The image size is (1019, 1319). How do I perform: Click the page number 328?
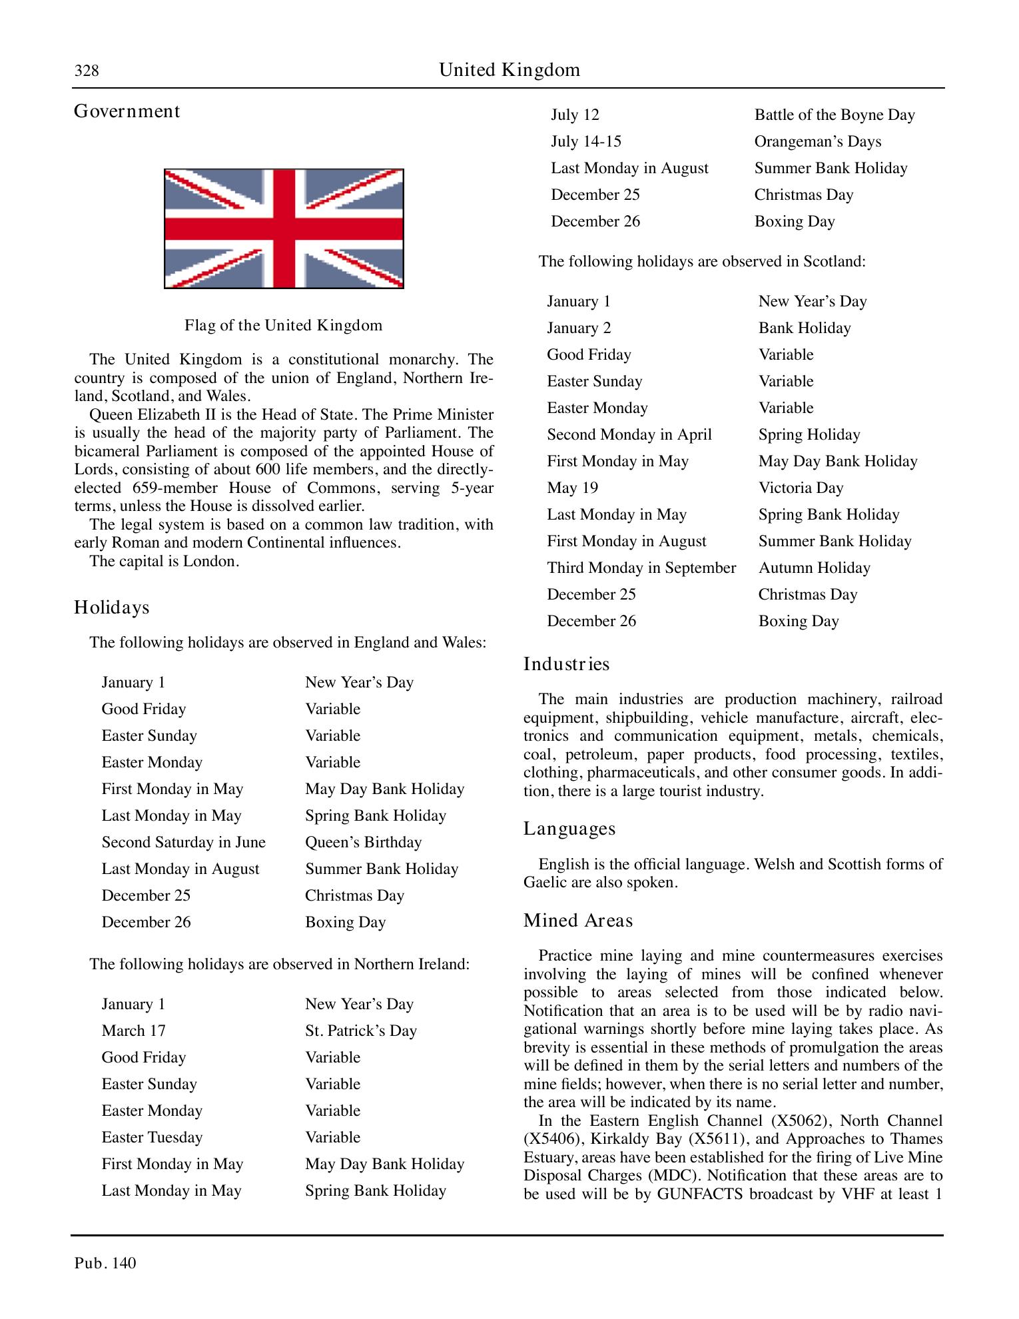coord(87,71)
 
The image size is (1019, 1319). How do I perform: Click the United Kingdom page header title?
coord(509,70)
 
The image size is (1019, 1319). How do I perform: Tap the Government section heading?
coord(127,111)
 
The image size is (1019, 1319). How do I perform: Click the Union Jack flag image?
coord(284,228)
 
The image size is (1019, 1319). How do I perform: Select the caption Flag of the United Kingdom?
coord(283,326)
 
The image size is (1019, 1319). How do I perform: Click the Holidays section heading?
coord(111,608)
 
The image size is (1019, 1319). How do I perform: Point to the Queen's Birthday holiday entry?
coord(363,842)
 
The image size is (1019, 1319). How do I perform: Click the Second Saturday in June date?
coord(183,842)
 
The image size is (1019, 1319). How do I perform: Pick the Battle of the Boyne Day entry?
coord(834,115)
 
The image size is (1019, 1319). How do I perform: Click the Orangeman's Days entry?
coord(817,141)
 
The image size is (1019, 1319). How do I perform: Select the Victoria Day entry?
coord(801,488)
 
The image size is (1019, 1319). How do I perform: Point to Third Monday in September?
coord(641,568)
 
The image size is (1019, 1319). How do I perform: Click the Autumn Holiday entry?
coord(814,568)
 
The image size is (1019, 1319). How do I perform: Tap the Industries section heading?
coord(566,664)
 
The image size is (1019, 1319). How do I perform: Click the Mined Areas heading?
coord(577,921)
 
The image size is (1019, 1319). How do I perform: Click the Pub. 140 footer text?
coord(105,1263)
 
